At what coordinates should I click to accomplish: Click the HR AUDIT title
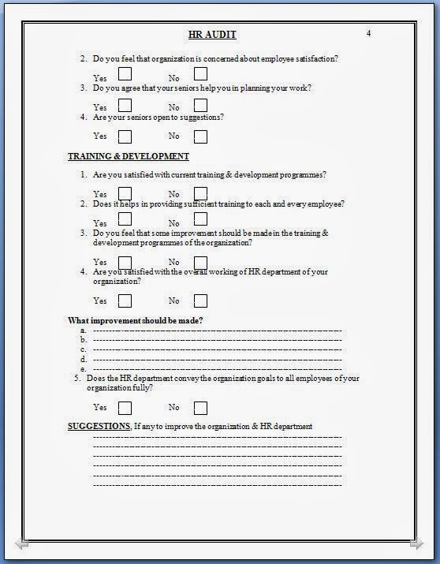(212, 34)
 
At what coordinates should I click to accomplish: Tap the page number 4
(368, 33)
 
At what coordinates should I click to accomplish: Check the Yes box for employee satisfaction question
(125, 74)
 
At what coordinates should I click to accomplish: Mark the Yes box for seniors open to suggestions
(125, 136)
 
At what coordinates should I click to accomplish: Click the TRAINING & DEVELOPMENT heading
(129, 156)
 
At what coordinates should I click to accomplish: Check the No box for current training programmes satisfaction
(200, 193)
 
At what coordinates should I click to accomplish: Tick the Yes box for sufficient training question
(125, 222)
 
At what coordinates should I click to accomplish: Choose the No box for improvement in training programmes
(200, 262)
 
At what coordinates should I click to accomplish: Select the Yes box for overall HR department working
(125, 301)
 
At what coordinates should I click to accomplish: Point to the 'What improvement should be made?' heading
(136, 320)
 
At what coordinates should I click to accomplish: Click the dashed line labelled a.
(217, 331)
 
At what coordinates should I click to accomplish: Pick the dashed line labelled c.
(217, 349)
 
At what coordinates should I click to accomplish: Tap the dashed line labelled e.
(217, 368)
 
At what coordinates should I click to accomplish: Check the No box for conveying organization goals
(200, 408)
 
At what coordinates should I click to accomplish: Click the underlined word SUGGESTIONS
(99, 427)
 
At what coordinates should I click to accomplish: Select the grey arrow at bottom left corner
(21, 543)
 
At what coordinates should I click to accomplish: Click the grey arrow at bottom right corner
(416, 543)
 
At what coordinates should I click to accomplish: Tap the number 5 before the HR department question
(77, 379)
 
